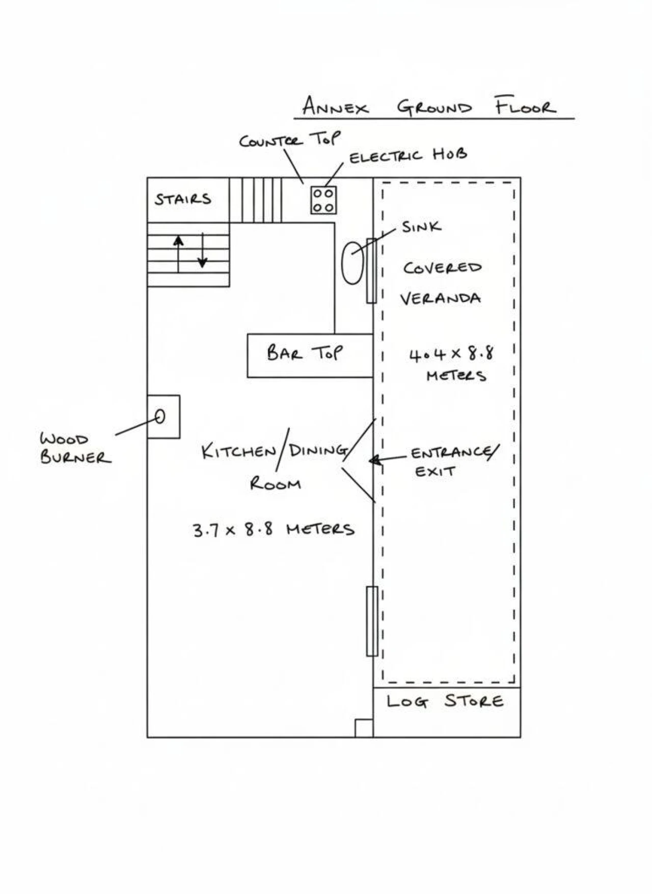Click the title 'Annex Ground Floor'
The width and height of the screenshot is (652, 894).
[429, 107]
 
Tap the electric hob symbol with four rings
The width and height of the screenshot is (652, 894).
[323, 200]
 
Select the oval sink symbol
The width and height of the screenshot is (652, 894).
[352, 263]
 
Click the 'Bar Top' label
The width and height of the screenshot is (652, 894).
[305, 354]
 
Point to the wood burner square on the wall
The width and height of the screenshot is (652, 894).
[163, 417]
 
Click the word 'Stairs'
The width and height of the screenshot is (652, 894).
[183, 199]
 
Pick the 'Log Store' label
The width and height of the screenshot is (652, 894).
[445, 701]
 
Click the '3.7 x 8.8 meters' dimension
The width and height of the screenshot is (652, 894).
[274, 530]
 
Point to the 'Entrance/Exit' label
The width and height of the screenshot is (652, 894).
[453, 461]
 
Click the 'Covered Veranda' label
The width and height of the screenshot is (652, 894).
[441, 283]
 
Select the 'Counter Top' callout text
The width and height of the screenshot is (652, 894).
[289, 140]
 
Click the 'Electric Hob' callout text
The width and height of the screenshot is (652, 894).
[407, 155]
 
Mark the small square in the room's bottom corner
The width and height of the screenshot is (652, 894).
[364, 728]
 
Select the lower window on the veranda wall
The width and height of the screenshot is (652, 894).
[372, 621]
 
